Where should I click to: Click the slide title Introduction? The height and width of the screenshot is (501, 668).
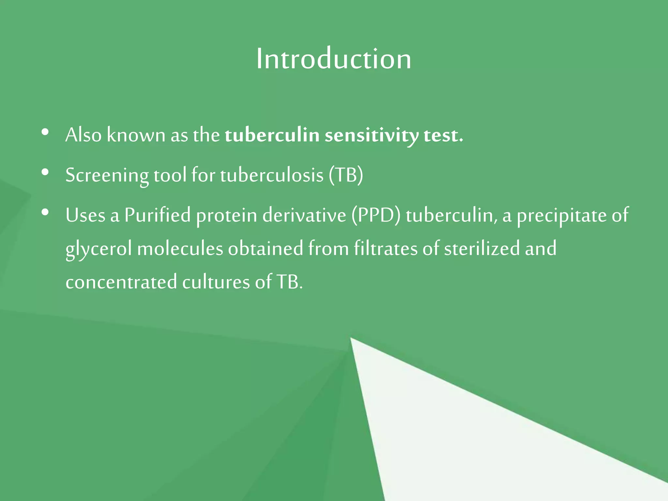(x=334, y=59)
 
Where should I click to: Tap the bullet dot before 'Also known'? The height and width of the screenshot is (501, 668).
(x=45, y=132)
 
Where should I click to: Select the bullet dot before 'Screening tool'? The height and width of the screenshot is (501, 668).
(x=45, y=172)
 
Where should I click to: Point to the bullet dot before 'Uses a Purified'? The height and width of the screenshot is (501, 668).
(x=45, y=213)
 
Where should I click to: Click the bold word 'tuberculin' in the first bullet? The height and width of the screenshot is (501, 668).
(x=272, y=135)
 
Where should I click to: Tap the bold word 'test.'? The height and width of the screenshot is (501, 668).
(x=443, y=135)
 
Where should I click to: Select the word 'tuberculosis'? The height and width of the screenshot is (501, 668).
(x=272, y=175)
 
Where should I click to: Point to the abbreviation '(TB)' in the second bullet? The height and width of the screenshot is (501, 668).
(x=346, y=175)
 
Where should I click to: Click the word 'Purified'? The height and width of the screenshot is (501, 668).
(x=158, y=215)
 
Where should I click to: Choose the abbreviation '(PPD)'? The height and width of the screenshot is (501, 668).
(x=376, y=216)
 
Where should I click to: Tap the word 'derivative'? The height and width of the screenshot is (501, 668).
(x=304, y=215)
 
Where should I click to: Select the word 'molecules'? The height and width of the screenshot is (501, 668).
(x=180, y=249)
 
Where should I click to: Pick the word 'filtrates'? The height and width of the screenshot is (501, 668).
(x=386, y=249)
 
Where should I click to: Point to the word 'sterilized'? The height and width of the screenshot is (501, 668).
(x=482, y=249)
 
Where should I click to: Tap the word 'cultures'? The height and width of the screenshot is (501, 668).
(x=216, y=282)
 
